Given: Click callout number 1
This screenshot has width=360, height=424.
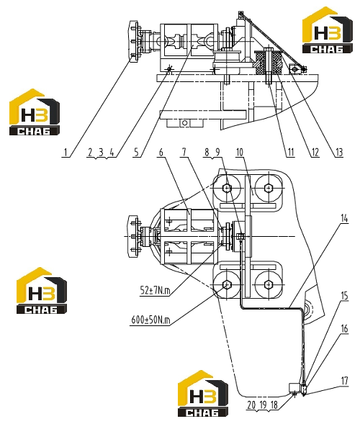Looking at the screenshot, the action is pyautogui.click(x=66, y=153).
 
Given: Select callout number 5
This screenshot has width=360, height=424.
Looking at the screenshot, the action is pyautogui.click(x=136, y=153).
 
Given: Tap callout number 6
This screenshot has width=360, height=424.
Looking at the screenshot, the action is pyautogui.click(x=161, y=153).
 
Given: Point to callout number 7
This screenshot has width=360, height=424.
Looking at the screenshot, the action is pyautogui.click(x=184, y=152).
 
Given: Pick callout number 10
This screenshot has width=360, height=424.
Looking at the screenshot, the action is pyautogui.click(x=240, y=153).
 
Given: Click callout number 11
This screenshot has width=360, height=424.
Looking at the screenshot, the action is pyautogui.click(x=290, y=153).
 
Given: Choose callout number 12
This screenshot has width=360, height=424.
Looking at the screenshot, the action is pyautogui.click(x=315, y=153).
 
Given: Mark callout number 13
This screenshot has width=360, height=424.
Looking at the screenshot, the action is pyautogui.click(x=339, y=153).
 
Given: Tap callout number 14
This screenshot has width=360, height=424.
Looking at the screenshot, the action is pyautogui.click(x=344, y=218).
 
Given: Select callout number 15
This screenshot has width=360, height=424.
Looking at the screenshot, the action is pyautogui.click(x=344, y=296).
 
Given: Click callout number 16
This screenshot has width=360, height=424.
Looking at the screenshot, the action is pyautogui.click(x=344, y=329).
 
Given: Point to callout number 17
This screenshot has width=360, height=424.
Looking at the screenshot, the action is pyautogui.click(x=344, y=381).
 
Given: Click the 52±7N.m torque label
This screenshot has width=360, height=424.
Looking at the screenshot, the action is pyautogui.click(x=155, y=291).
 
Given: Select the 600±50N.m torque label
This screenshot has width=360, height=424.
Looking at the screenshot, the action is pyautogui.click(x=150, y=320).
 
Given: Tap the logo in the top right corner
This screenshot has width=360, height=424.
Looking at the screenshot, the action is pyautogui.click(x=328, y=30).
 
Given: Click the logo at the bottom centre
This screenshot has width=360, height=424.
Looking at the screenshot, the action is pyautogui.click(x=203, y=394).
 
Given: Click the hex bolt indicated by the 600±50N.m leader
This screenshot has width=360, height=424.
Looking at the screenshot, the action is pyautogui.click(x=226, y=284).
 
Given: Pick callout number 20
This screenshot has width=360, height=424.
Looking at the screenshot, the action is pyautogui.click(x=251, y=405).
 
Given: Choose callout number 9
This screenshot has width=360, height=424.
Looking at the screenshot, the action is pyautogui.click(x=217, y=152).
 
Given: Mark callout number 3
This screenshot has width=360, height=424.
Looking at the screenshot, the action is pyautogui.click(x=101, y=153).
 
